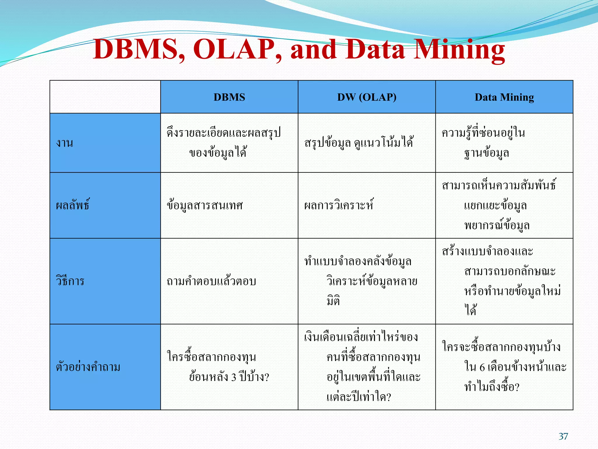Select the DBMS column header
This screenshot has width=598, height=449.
(x=229, y=97)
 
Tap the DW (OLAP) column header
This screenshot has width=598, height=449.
(x=367, y=97)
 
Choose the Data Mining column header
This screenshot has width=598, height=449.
(x=504, y=97)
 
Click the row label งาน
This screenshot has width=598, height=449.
(x=65, y=143)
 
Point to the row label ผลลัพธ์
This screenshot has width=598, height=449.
(x=73, y=205)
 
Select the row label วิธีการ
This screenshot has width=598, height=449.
(x=70, y=281)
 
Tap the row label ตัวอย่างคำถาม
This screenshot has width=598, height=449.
(x=88, y=367)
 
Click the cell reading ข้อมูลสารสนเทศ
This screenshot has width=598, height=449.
(x=205, y=205)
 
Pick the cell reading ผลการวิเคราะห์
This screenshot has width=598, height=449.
(x=339, y=205)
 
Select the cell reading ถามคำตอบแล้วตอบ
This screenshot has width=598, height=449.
(x=211, y=281)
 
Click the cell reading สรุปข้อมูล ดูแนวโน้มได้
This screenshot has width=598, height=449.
(x=359, y=143)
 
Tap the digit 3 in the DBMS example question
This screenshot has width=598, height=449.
(x=234, y=377)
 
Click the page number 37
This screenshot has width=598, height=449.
(x=563, y=436)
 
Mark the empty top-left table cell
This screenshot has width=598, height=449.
(x=105, y=97)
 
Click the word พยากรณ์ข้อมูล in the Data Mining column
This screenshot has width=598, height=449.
(x=497, y=226)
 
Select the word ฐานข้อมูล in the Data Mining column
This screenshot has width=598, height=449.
(x=487, y=153)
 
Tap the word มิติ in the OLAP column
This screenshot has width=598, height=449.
(x=333, y=301)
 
